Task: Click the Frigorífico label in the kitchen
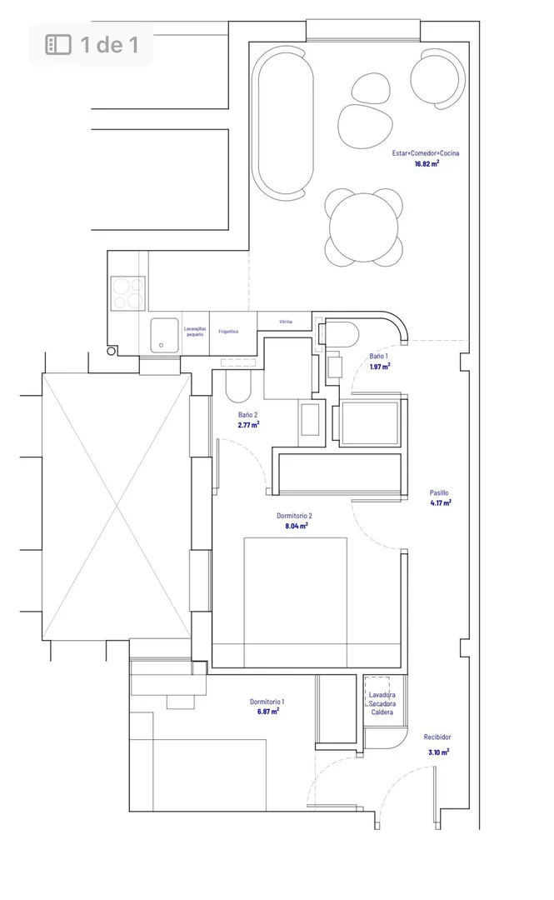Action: (228, 332)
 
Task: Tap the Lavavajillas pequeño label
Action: (195, 331)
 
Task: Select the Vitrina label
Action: (285, 322)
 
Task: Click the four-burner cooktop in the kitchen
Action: (128, 293)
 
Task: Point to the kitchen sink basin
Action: (164, 335)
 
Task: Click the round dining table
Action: (363, 227)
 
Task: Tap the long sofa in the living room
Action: (286, 122)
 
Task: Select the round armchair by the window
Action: (437, 78)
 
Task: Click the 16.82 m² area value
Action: (427, 163)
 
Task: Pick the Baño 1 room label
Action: (378, 357)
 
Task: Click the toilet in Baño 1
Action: (342, 334)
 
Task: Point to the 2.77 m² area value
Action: (248, 425)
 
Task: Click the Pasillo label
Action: (439, 492)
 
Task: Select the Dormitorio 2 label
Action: (295, 516)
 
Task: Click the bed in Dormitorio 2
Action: (295, 602)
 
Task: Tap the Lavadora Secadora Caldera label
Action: (382, 703)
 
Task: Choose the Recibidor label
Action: (437, 737)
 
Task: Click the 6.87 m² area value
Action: (268, 711)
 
